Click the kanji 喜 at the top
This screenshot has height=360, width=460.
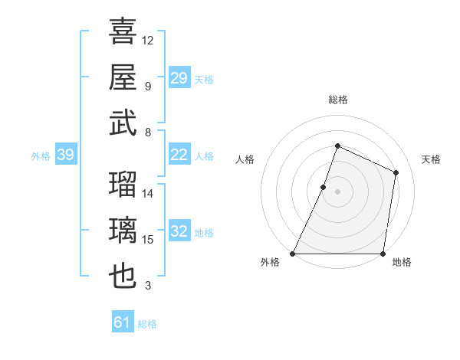(123, 32)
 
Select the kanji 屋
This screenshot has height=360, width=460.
(123, 77)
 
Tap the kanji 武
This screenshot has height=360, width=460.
(123, 123)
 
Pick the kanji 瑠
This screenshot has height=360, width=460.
(123, 185)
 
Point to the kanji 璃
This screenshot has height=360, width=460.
(123, 230)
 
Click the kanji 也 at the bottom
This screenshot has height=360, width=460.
(123, 276)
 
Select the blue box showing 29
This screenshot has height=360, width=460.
(179, 78)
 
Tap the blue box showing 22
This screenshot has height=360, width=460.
(179, 155)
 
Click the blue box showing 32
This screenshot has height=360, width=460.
(179, 232)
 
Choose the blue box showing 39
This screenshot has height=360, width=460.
(66, 155)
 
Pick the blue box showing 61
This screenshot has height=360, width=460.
(123, 323)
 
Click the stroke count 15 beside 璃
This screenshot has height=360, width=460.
(148, 240)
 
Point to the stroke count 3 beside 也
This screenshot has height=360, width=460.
(148, 286)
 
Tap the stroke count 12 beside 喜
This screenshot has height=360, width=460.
(148, 40)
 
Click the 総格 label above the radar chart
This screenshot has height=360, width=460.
(337, 100)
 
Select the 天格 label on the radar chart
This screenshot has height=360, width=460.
(431, 159)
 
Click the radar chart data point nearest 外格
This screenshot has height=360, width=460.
(293, 254)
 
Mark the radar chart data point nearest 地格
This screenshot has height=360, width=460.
(383, 254)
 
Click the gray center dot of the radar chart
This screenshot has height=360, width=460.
(337, 191)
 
